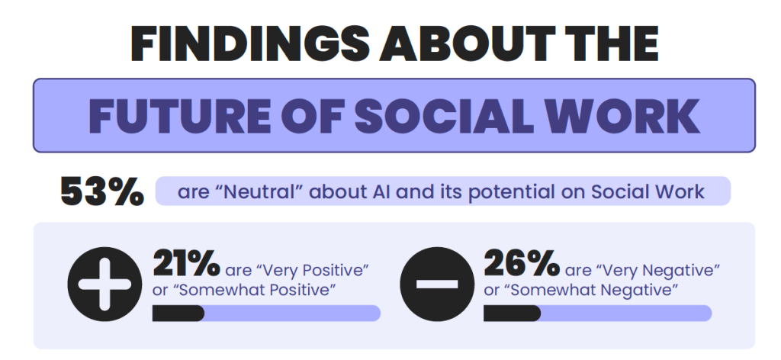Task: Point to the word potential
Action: point(520,191)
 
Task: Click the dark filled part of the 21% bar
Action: point(178,313)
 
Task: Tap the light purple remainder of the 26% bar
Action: point(625,313)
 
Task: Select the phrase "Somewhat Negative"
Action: point(591,291)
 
